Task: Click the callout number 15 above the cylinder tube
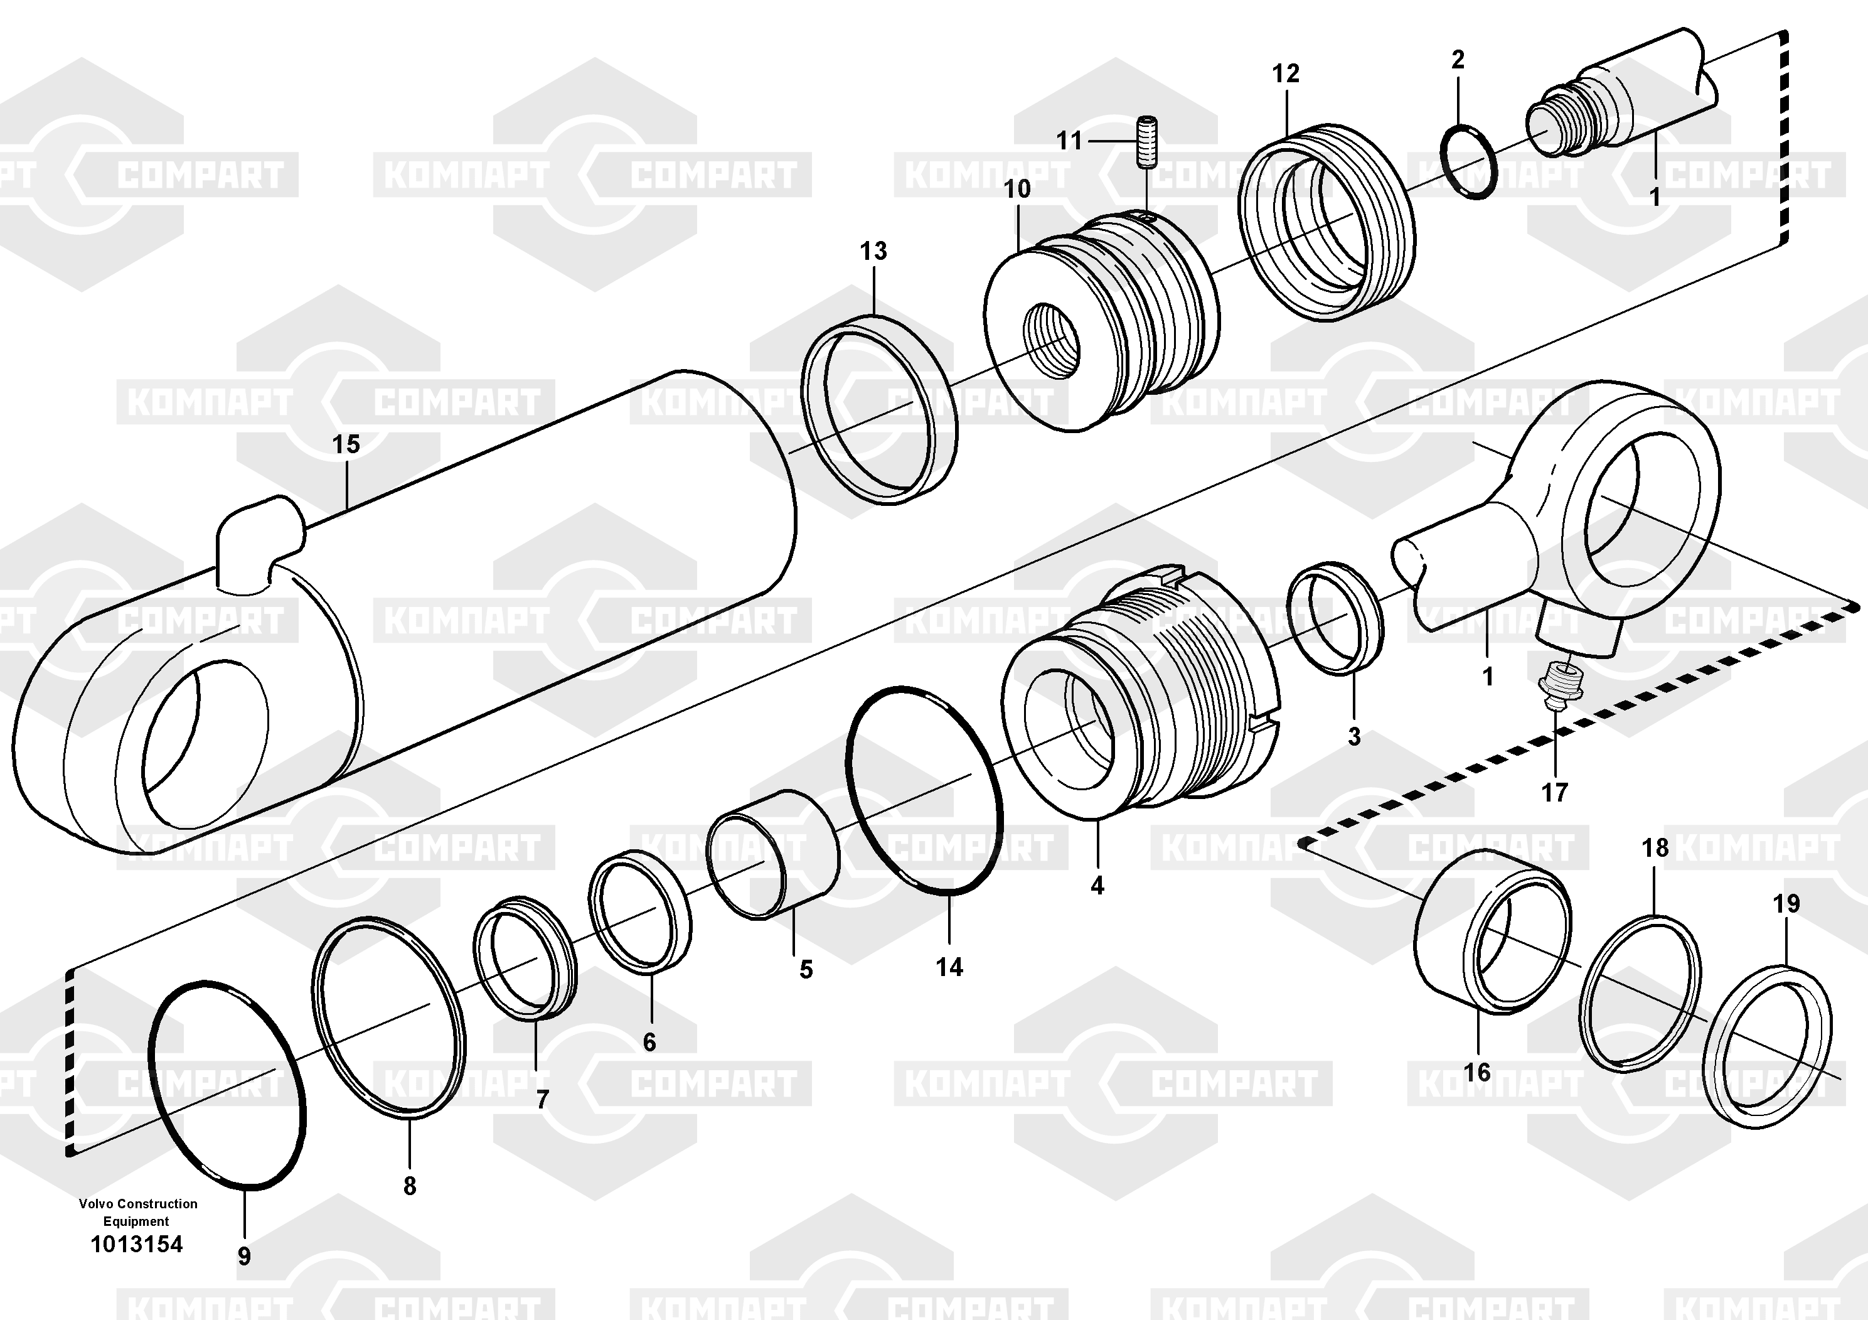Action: point(346,444)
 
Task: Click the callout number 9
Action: point(244,1257)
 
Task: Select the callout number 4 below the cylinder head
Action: point(1097,886)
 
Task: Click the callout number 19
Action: point(1786,903)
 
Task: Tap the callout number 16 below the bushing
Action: point(1478,1072)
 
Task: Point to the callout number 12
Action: point(1286,73)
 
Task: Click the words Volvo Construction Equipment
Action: point(137,1212)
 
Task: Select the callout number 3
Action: point(1354,736)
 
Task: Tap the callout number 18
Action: point(1655,848)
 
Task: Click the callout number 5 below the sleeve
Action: point(806,969)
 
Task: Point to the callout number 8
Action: point(409,1186)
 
